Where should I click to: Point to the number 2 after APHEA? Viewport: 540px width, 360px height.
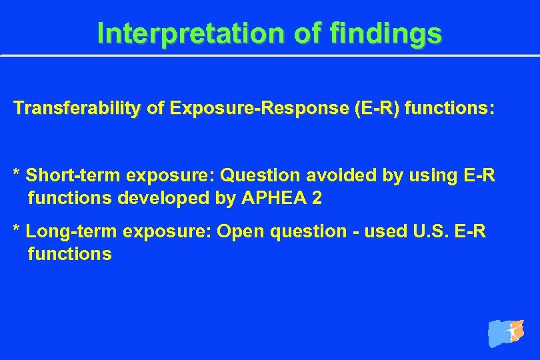[316, 198]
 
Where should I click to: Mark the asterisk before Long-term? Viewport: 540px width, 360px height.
[17, 230]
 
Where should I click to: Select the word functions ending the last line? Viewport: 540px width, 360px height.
[69, 254]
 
